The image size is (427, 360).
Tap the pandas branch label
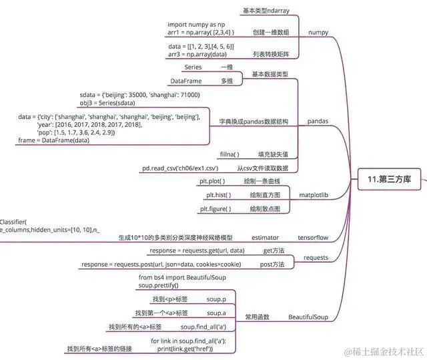click(x=317, y=122)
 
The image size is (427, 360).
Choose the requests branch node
click(x=316, y=257)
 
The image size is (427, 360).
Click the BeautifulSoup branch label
click(x=308, y=317)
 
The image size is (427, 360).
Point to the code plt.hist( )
click(x=218, y=195)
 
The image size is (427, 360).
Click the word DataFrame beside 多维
click(x=186, y=81)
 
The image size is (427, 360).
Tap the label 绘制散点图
click(x=265, y=208)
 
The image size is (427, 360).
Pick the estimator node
click(x=265, y=237)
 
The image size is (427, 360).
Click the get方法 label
click(x=274, y=250)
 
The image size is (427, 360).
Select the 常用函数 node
click(x=256, y=317)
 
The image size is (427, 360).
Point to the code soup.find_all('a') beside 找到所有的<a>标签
click(x=202, y=327)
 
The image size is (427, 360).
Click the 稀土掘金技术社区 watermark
click(x=385, y=351)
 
